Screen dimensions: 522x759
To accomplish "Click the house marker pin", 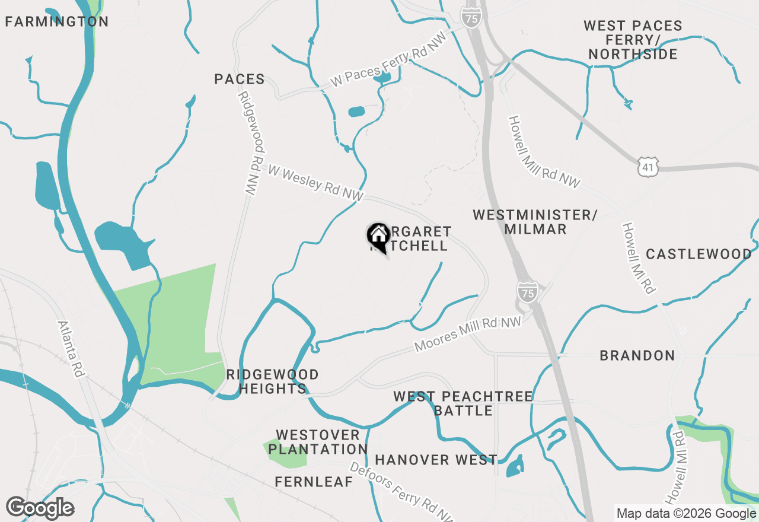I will pos(378,237).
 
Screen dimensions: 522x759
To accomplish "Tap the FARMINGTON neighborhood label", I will pos(57,22).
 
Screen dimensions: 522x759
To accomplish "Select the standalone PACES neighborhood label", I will pos(240,79).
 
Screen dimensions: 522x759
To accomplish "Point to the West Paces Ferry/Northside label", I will pos(633,40).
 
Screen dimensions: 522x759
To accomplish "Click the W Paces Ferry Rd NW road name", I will pos(388,65).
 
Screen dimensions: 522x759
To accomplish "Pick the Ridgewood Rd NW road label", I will pos(248,144).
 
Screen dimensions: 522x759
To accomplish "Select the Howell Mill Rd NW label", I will pos(544,152).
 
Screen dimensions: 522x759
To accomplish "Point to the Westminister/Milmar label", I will pos(535,222).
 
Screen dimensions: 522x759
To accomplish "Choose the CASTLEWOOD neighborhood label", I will pos(699,254).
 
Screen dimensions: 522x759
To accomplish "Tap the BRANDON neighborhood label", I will pos(637,356).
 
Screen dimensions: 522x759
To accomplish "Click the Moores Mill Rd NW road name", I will pos(468,333).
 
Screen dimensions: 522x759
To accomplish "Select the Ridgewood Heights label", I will pos(273,382).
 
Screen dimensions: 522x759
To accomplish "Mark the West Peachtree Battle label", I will pos(463,403).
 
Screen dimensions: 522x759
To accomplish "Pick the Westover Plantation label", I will pos(318,443).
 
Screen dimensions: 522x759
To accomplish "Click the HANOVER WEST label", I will pos(436,460).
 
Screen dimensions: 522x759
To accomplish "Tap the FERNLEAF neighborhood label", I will pos(314,482).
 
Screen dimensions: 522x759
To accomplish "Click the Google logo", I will pos(40,508).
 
